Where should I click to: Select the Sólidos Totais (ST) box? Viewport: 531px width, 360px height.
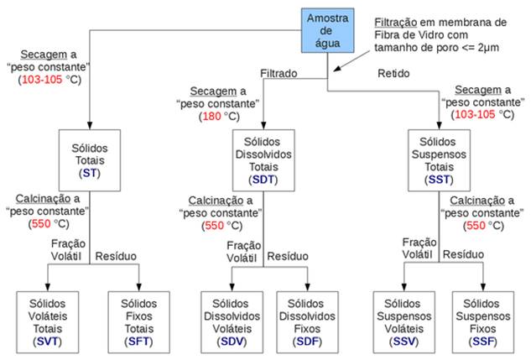pyautogui.click(x=89, y=159)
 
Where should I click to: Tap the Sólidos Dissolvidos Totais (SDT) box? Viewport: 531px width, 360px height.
pyautogui.click(x=263, y=159)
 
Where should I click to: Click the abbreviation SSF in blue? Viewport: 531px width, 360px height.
pyautogui.click(x=482, y=342)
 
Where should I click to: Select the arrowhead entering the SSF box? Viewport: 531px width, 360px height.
pyautogui.click(x=482, y=289)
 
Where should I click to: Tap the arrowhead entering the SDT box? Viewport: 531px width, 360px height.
pyautogui.click(x=263, y=127)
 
